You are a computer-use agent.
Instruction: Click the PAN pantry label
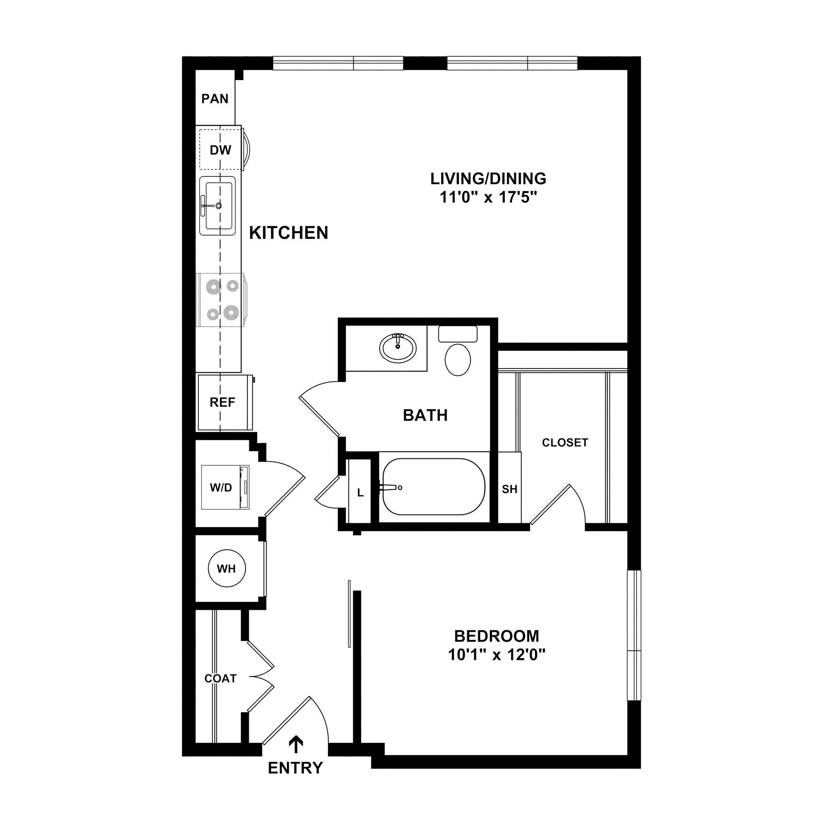tap(215, 99)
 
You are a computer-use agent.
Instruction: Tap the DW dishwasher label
tap(220, 150)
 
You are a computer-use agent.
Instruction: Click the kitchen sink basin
tap(219, 206)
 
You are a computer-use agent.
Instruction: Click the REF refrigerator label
tap(222, 402)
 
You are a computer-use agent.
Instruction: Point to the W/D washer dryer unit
tap(225, 487)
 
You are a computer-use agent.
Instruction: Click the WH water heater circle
tap(227, 569)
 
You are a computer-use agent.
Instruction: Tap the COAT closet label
tap(220, 678)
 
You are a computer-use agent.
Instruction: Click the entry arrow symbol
tap(296, 744)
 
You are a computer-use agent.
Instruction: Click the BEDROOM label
tap(497, 635)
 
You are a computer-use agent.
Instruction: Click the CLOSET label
tap(565, 443)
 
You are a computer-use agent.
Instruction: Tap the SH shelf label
tap(510, 489)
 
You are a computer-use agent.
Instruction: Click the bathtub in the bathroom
tap(434, 487)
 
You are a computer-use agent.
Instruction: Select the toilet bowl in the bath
tap(458, 360)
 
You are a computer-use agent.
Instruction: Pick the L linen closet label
tap(361, 493)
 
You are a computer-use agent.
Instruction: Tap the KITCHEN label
tap(289, 233)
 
